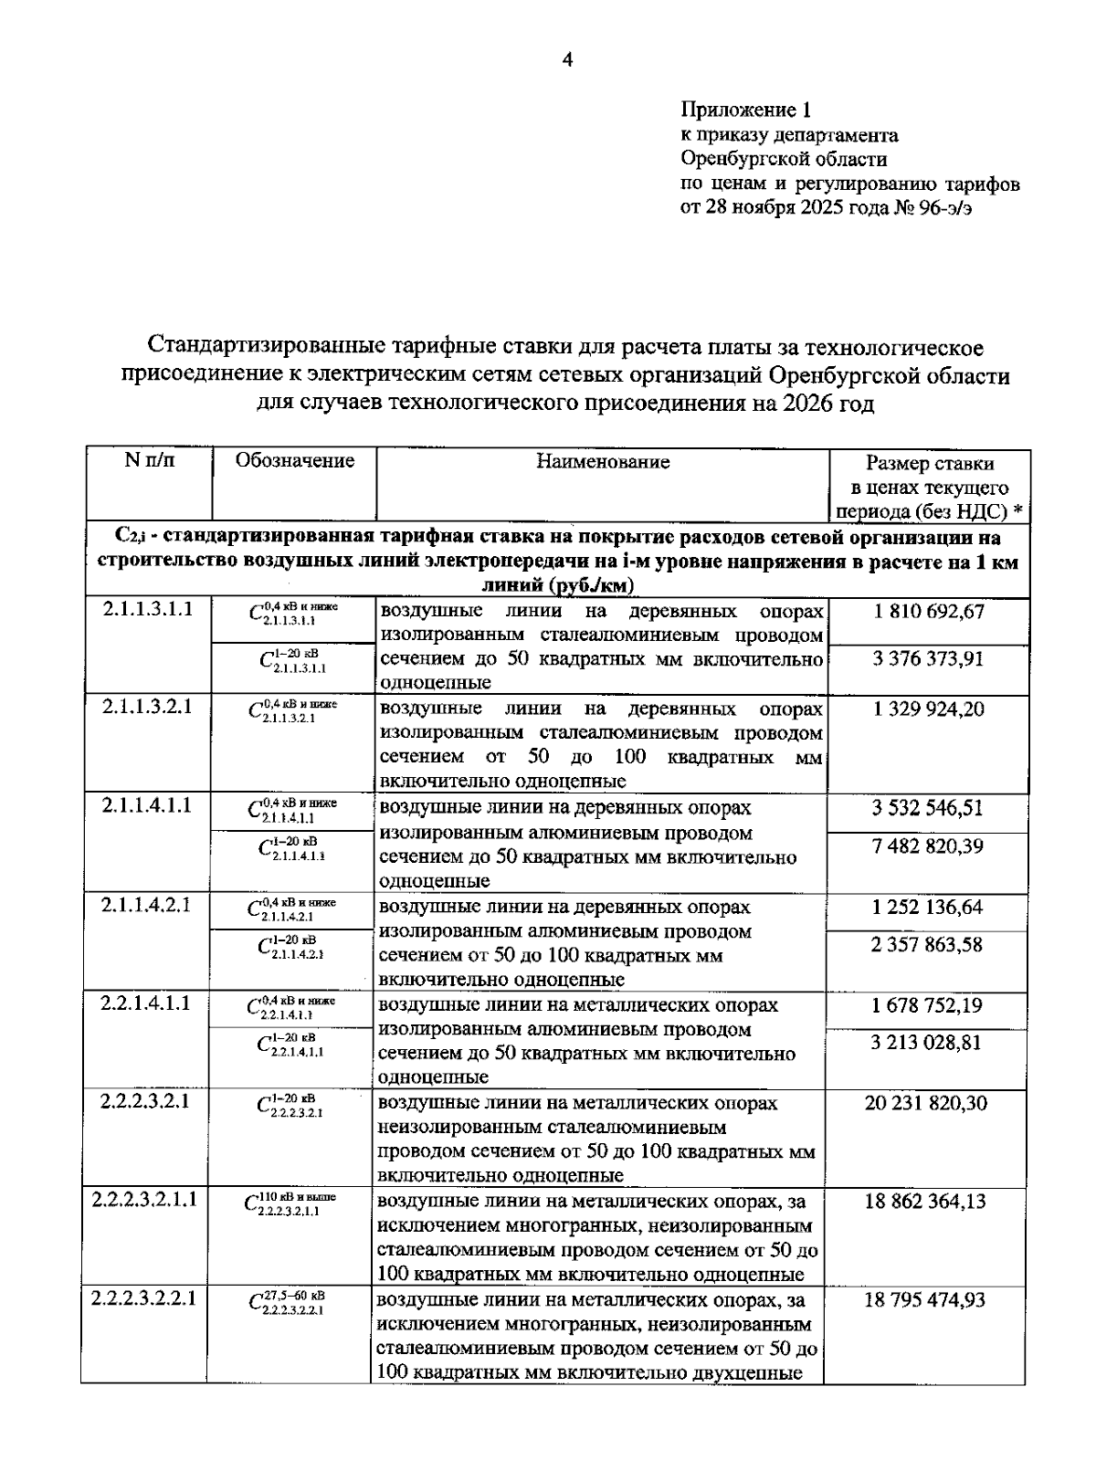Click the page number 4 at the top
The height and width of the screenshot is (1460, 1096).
click(x=567, y=61)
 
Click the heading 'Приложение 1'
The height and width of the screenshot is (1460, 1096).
click(x=745, y=111)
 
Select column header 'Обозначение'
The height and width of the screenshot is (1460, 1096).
click(x=294, y=461)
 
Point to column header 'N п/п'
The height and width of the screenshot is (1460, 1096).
click(x=149, y=460)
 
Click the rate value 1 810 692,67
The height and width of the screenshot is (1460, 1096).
click(x=929, y=612)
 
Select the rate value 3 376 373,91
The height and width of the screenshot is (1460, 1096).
click(x=929, y=658)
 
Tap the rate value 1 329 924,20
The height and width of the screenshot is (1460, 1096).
click(x=929, y=709)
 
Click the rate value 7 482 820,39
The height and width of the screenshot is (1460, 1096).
click(x=929, y=846)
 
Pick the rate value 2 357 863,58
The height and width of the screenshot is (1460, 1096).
click(x=929, y=945)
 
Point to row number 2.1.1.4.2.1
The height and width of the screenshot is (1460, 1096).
click(x=147, y=906)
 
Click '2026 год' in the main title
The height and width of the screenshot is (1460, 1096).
click(x=827, y=404)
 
